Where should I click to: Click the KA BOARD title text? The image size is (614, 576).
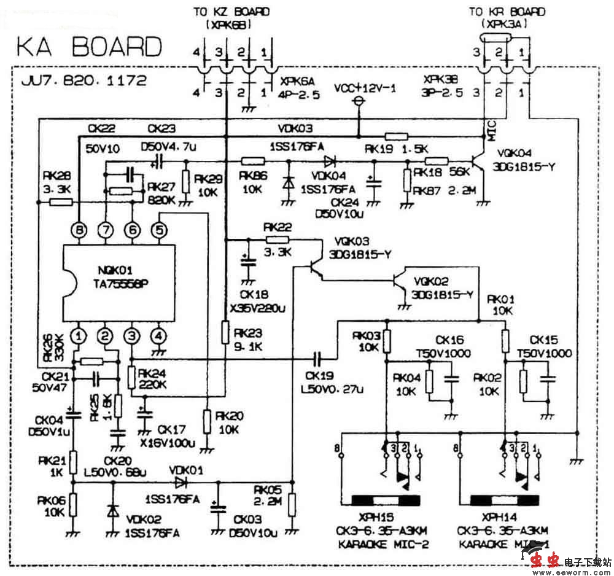(x=89, y=47)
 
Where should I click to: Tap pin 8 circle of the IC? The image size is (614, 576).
(x=79, y=230)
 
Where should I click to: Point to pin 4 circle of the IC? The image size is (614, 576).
(x=159, y=336)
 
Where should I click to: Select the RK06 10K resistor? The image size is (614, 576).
(x=73, y=504)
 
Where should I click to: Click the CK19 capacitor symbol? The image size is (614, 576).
(x=318, y=358)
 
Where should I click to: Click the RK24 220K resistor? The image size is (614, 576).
(x=131, y=376)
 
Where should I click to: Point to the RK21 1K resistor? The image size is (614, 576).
(x=73, y=460)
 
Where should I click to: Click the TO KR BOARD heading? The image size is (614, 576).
(x=507, y=12)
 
